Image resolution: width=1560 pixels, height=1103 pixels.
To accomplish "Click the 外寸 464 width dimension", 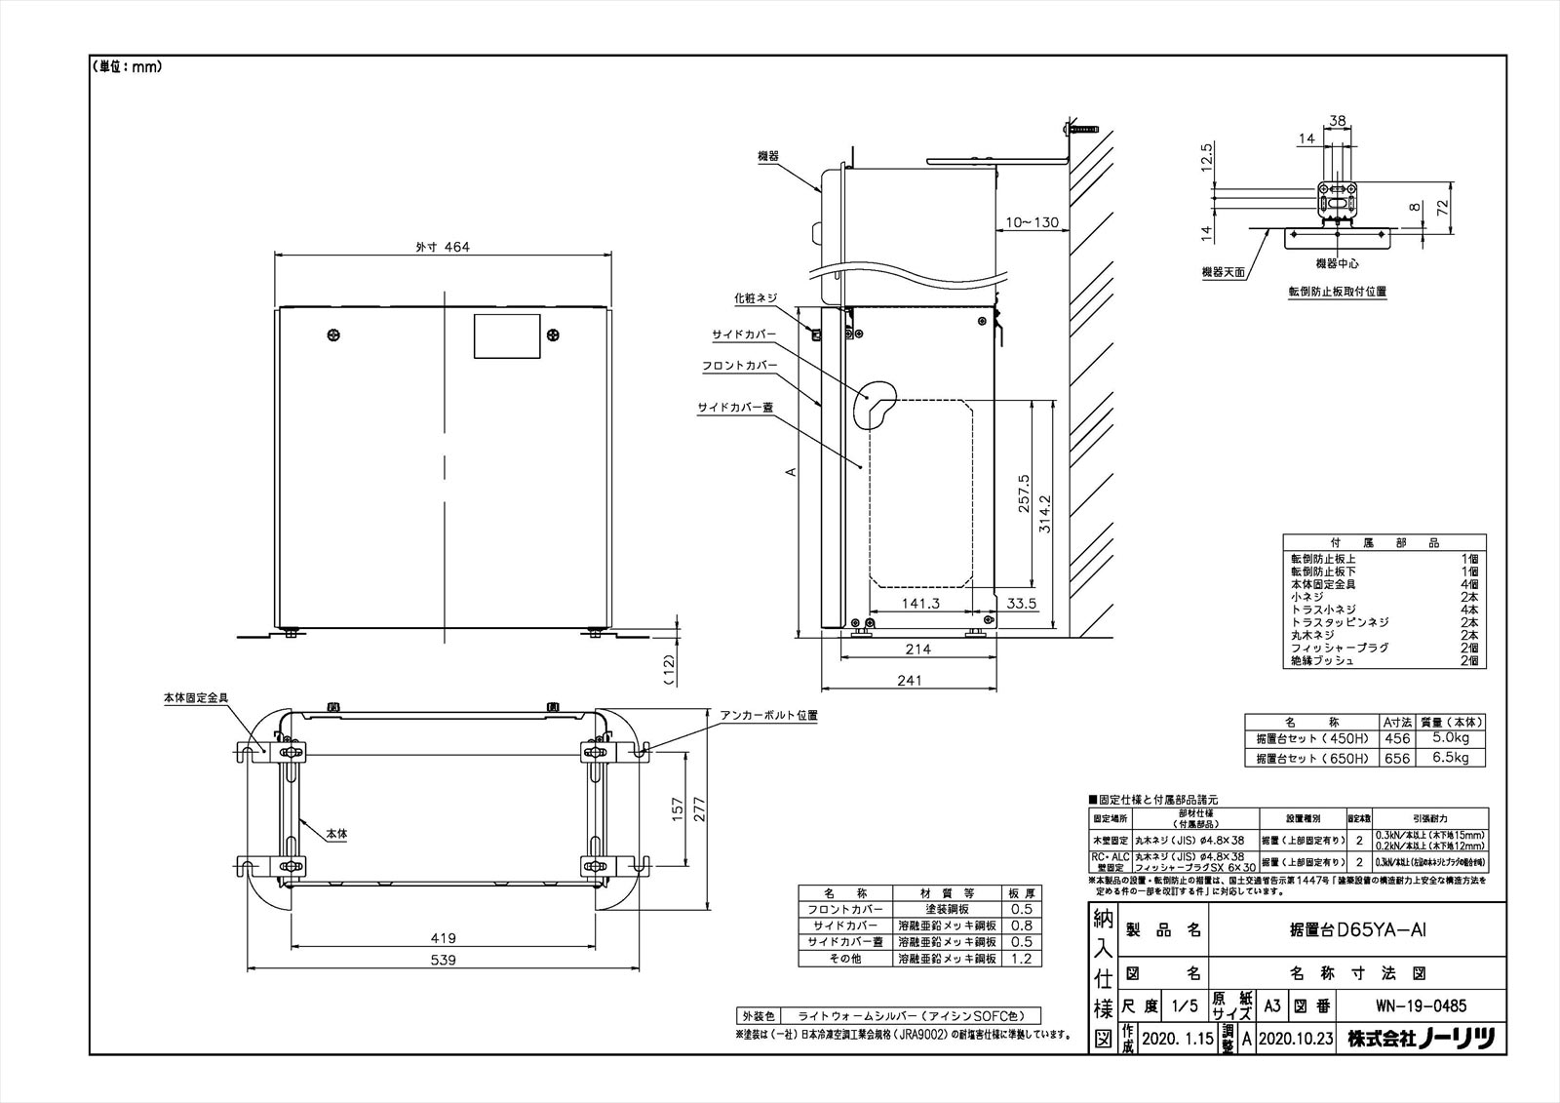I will point(444,248).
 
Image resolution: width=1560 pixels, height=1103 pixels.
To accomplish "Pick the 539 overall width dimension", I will point(444,960).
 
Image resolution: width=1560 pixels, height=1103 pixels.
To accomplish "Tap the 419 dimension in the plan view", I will point(444,938).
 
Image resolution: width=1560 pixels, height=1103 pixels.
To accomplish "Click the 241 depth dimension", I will point(908,681).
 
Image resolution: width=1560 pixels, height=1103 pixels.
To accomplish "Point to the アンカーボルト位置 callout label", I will point(768,715).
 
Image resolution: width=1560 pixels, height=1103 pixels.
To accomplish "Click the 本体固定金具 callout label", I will point(195,698).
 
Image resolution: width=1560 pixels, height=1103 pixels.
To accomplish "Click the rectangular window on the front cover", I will point(506,336).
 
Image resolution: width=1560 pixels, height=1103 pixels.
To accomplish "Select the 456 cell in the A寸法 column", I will point(1396,739).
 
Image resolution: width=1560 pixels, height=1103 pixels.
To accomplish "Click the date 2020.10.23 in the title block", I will point(1295,1040).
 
